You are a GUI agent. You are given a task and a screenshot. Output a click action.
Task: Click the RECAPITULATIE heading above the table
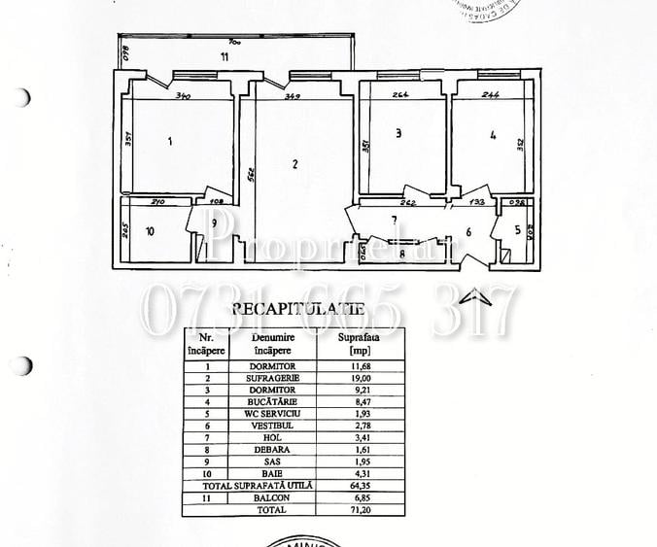[298, 309]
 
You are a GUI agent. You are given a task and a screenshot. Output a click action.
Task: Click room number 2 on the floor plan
[294, 164]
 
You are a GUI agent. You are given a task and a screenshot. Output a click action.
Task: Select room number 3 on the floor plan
[398, 135]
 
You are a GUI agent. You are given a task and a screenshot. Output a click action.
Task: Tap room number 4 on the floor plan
[494, 137]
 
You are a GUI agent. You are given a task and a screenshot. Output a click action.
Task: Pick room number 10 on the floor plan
[149, 231]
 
